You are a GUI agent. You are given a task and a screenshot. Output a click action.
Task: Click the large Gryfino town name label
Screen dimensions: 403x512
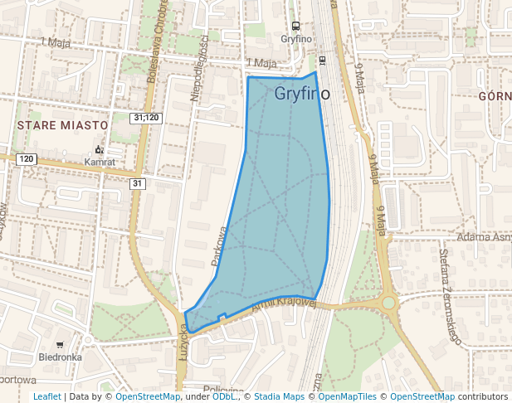(302, 94)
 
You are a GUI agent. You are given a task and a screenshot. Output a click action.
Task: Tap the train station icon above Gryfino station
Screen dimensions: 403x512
(295, 26)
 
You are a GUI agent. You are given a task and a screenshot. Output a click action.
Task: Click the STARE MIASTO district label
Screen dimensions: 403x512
(61, 124)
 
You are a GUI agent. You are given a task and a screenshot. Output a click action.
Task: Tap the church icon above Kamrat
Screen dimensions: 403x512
(99, 149)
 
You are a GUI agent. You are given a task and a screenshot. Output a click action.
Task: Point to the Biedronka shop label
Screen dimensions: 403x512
(60, 357)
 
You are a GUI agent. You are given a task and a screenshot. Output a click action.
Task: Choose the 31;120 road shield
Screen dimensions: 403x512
(145, 118)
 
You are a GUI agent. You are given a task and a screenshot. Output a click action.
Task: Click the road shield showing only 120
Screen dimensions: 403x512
(26, 158)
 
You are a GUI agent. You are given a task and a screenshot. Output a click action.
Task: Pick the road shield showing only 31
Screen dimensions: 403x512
(138, 183)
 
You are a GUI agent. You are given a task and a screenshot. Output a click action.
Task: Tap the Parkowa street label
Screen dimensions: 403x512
(219, 246)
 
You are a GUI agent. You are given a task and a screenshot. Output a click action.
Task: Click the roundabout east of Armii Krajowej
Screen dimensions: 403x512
(388, 303)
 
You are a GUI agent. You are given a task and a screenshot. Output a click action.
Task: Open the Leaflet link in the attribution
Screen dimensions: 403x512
(46, 396)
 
